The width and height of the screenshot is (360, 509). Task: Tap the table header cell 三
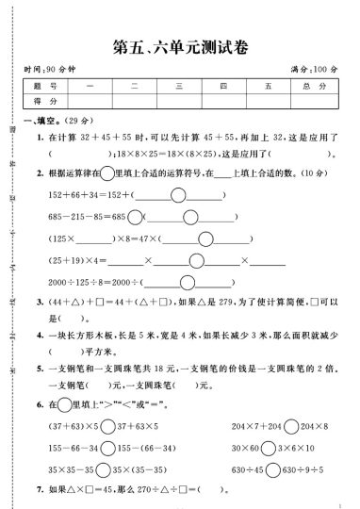[178, 86]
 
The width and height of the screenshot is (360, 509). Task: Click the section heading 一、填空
[39, 121]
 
